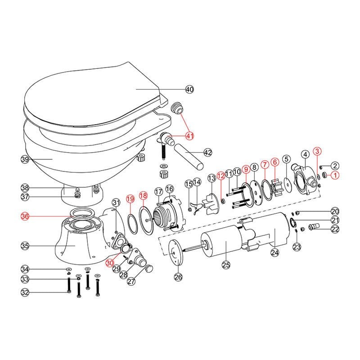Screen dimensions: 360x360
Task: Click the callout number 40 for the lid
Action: (x=189, y=90)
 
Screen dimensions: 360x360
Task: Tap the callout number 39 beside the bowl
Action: (x=25, y=159)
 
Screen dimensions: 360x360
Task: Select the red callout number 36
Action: (x=25, y=216)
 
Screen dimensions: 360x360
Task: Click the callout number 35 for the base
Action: (x=25, y=246)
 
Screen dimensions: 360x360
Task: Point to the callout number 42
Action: (x=207, y=153)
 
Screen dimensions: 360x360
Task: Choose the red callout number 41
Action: (x=189, y=135)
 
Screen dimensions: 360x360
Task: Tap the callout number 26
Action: (x=178, y=277)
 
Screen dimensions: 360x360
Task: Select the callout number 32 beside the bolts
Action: (x=25, y=292)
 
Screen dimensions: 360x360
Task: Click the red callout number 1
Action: (x=334, y=175)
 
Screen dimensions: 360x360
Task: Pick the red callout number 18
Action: (x=143, y=196)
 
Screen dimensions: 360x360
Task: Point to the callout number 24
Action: (x=274, y=253)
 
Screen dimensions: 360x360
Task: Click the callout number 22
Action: (x=334, y=229)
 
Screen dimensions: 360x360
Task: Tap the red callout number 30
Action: (x=110, y=263)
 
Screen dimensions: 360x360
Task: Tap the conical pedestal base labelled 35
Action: (x=76, y=243)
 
